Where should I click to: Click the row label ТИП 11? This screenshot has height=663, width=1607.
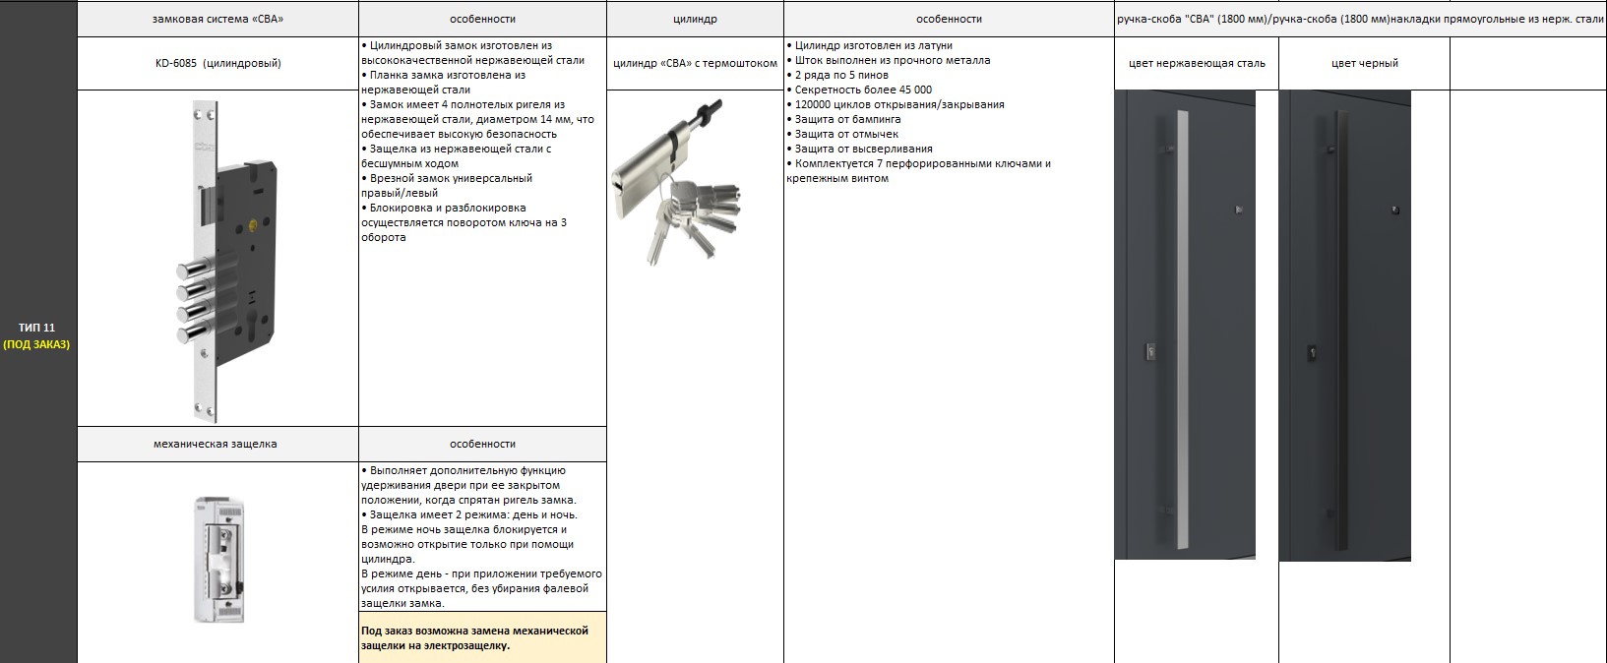37,328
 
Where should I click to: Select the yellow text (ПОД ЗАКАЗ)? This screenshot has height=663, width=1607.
37,344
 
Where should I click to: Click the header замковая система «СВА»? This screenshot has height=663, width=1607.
217,19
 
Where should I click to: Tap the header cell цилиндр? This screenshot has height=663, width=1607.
695,19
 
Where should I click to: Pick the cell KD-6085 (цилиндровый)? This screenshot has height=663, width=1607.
217,63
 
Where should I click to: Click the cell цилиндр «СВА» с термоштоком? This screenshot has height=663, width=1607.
695,63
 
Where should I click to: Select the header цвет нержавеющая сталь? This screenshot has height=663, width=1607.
1197,63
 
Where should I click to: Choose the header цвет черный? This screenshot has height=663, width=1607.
1364,63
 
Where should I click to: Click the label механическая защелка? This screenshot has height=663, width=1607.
216,444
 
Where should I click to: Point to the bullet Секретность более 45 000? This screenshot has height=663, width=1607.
863,90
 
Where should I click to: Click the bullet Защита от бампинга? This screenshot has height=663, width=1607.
847,119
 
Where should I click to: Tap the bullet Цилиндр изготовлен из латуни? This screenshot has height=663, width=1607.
873,45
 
